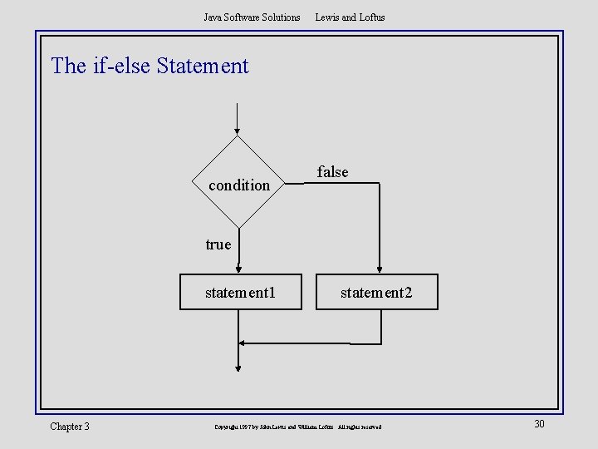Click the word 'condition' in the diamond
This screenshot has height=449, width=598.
click(239, 185)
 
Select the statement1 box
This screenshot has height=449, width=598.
click(241, 293)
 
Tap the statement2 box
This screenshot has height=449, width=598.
click(376, 293)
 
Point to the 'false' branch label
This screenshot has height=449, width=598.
click(333, 172)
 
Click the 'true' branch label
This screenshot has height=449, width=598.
click(218, 244)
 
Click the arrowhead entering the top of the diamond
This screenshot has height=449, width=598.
click(238, 130)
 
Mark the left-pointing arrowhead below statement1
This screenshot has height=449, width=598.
click(242, 343)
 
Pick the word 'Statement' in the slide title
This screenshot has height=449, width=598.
click(203, 66)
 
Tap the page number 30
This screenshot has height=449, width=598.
click(539, 425)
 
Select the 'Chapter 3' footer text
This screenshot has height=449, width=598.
click(70, 427)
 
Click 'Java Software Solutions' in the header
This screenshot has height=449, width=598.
click(252, 17)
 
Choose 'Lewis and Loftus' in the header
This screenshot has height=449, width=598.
click(350, 17)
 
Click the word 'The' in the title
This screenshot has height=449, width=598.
click(68, 66)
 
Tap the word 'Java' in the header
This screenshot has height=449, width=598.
click(213, 17)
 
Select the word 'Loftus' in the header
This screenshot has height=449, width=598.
click(371, 17)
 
